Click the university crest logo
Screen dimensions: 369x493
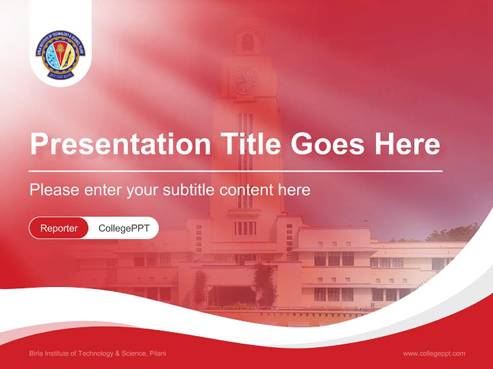coord(61,55)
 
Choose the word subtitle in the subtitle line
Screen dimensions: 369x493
coord(189,190)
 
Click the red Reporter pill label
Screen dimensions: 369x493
coord(59,228)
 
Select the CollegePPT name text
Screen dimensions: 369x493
coord(124,228)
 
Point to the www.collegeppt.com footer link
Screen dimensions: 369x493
coord(434,354)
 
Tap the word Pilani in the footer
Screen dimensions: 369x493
coord(158,354)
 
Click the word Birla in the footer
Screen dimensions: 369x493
coord(36,354)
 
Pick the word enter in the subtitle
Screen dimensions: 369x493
coord(103,190)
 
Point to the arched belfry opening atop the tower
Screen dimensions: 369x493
coord(248,43)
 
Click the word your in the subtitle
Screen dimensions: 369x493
coord(142,191)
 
